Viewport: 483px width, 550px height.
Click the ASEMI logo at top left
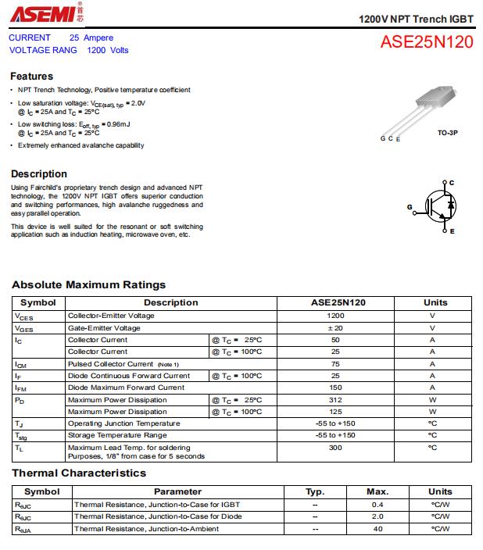coord(44,13)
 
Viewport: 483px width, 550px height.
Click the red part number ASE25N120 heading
coord(427,43)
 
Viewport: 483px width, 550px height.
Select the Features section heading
coord(32,77)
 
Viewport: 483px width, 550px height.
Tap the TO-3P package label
coord(447,134)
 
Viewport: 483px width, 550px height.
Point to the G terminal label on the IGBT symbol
coord(410,207)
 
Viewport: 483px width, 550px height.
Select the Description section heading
coord(39,173)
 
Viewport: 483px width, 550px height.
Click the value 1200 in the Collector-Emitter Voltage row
coord(335,316)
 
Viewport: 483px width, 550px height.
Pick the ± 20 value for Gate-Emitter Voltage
coord(335,328)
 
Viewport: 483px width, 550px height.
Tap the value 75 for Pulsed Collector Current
coord(335,364)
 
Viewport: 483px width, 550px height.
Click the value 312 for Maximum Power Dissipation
coord(335,400)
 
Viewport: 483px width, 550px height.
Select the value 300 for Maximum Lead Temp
coord(335,448)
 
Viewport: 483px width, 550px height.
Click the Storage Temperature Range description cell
coord(117,435)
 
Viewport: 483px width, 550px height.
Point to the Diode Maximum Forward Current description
coord(126,387)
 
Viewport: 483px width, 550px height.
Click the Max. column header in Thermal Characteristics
coord(377,491)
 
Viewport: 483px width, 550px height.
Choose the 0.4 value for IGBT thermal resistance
coord(377,504)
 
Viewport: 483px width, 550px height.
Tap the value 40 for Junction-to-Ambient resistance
coord(377,529)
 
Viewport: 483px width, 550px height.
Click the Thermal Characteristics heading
coord(79,473)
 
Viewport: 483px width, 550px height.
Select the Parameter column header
coord(177,491)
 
